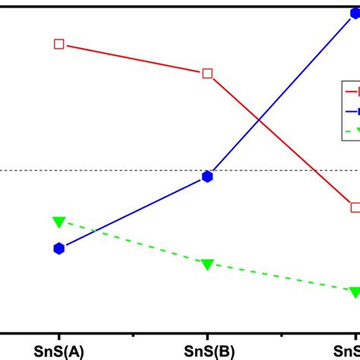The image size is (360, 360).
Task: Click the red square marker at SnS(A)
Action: pos(59,44)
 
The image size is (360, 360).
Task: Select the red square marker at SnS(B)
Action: pos(207,74)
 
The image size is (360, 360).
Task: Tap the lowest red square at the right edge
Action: pos(355,207)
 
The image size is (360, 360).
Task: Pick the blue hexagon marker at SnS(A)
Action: pos(59,248)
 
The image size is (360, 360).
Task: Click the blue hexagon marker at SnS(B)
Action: pos(207,177)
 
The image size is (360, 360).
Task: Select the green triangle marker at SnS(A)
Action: pos(59,221)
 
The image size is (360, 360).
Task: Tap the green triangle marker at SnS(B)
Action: pos(207,264)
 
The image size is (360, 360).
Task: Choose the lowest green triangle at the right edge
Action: pos(355,292)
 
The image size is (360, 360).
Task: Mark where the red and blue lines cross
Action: pos(259,119)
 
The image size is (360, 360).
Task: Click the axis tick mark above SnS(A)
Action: pos(59,328)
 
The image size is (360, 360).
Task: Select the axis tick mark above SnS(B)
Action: pos(207,328)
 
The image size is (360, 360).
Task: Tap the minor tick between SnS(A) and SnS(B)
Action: pos(134,330)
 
